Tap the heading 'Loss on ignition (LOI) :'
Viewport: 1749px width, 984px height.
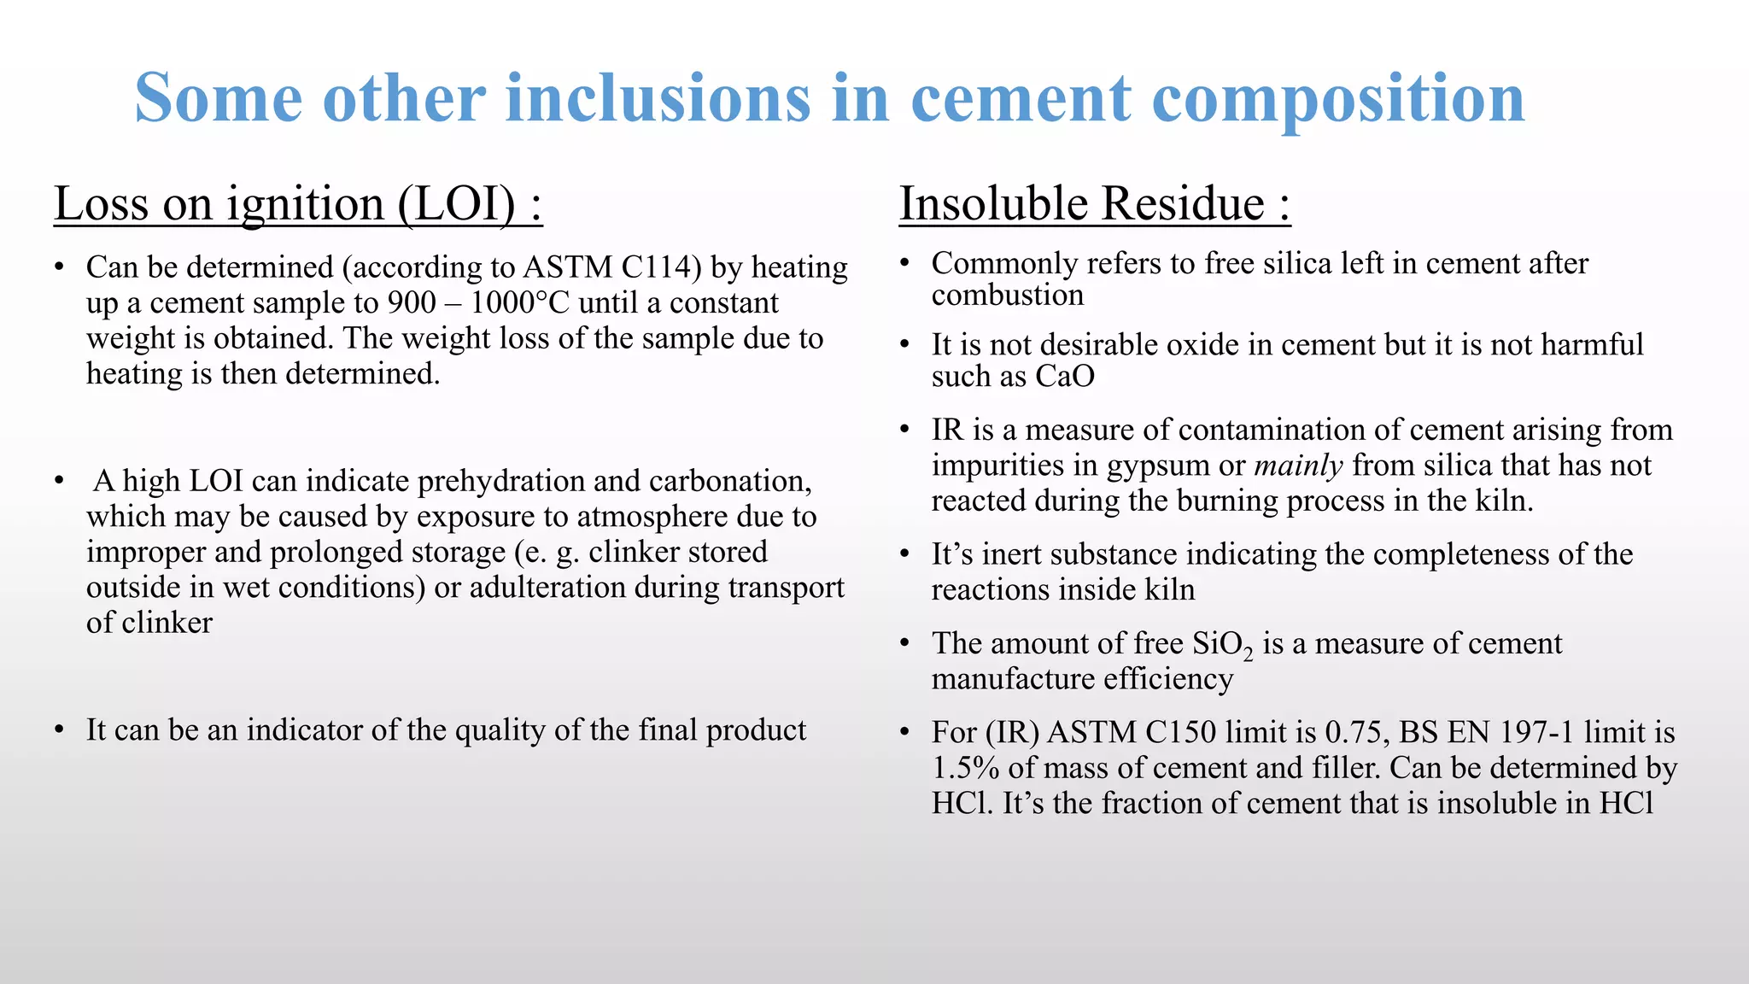coord(298,204)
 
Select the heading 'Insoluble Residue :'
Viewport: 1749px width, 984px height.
coord(1094,204)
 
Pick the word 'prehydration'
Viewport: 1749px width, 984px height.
coord(500,482)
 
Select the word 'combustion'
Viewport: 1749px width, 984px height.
coord(1007,296)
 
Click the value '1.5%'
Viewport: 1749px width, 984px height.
coord(965,768)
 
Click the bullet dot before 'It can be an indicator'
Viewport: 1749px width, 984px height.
coord(59,731)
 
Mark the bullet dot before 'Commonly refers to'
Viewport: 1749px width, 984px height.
coord(905,264)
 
